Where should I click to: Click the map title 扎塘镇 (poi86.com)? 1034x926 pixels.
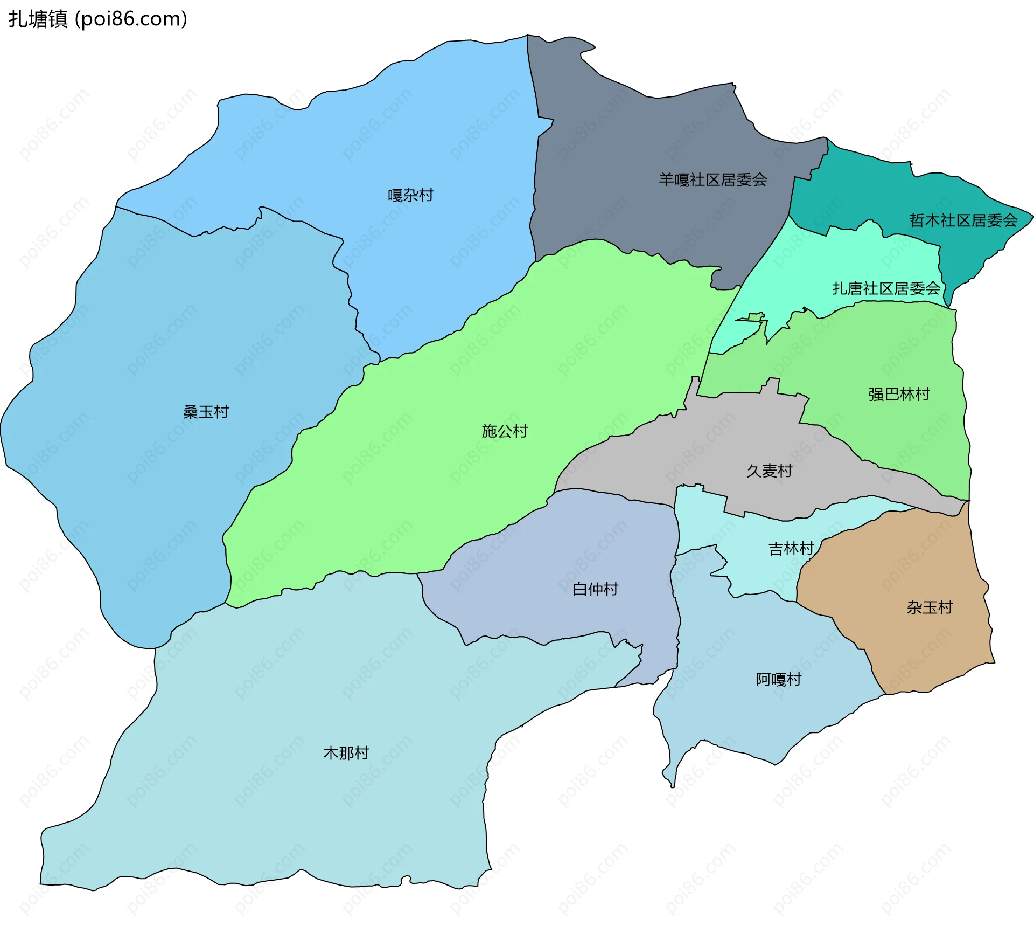tap(97, 19)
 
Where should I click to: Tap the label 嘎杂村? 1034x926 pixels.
tap(410, 195)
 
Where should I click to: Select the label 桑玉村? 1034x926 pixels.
tap(206, 412)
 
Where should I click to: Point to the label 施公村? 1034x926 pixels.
tap(504, 431)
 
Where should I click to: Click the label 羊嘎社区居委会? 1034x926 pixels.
tap(712, 180)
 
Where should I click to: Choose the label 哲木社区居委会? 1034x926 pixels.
tap(963, 220)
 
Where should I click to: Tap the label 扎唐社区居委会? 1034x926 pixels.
tap(886, 289)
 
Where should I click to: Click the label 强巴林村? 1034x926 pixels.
tap(899, 395)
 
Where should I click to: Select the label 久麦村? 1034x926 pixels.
tap(769, 471)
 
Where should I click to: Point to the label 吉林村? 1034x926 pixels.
tap(791, 549)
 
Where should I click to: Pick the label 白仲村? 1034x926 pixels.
tap(595, 589)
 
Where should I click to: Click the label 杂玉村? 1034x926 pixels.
tap(930, 607)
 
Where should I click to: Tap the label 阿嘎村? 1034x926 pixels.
tap(778, 679)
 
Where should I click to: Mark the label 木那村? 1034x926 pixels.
tap(346, 753)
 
